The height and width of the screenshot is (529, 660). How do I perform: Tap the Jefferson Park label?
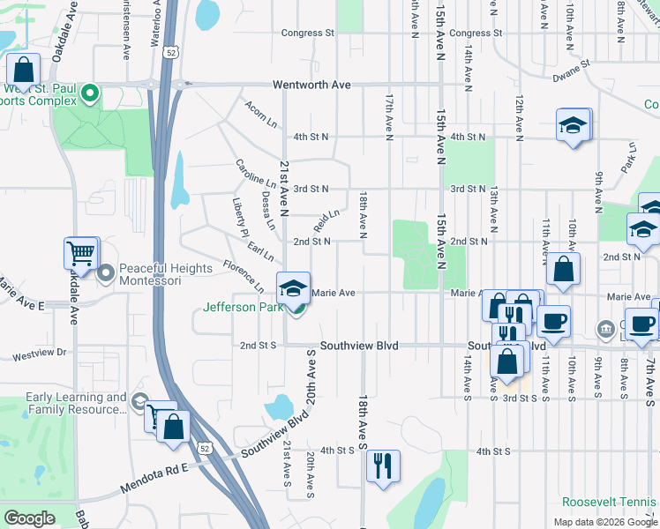click(242, 308)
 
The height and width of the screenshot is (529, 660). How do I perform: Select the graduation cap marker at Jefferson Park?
click(293, 287)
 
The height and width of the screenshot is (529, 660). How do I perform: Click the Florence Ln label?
click(243, 276)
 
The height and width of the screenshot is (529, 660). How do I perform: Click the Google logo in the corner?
click(29, 518)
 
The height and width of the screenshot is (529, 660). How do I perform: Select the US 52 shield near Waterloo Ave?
click(167, 53)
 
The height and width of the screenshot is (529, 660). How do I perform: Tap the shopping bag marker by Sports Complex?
click(24, 69)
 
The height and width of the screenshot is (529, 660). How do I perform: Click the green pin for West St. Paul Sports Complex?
click(89, 93)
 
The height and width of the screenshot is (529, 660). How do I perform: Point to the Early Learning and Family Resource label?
click(77, 403)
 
